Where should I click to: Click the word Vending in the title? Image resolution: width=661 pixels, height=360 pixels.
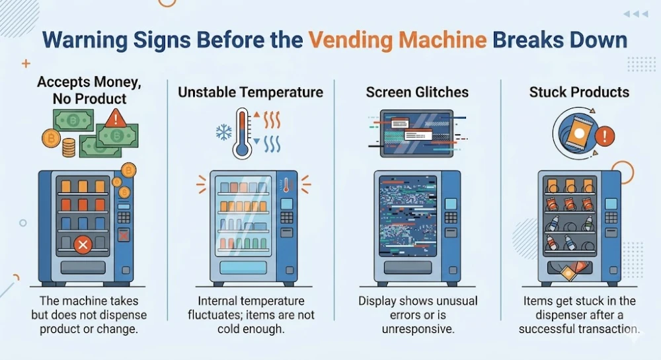point(351,41)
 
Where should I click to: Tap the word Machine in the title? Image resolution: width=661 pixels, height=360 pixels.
point(443,40)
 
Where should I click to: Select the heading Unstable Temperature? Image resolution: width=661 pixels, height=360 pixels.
point(251,92)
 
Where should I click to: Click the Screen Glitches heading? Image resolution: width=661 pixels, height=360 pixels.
point(417,92)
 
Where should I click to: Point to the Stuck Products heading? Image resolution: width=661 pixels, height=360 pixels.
point(579,92)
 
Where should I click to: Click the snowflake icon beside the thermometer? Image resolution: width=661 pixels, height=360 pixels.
point(224,132)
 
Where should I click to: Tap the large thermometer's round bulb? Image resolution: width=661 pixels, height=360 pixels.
point(242,149)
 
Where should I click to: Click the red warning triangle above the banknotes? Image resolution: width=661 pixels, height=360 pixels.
point(115,118)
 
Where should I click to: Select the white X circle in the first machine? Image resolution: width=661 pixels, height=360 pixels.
point(83,244)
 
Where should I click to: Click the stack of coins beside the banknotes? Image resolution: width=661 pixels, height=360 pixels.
point(69,148)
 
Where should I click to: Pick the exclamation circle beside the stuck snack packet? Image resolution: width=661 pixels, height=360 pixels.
point(605,135)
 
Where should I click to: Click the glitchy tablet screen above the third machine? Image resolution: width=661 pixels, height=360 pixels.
point(416,133)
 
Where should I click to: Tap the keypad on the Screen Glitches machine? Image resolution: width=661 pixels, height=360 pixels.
point(451,217)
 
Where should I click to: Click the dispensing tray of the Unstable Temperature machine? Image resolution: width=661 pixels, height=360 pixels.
point(243,268)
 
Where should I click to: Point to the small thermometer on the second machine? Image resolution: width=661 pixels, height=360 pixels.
point(287,185)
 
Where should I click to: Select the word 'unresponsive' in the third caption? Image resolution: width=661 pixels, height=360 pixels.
point(418,329)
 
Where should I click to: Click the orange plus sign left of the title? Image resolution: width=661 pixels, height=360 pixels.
point(26,63)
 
